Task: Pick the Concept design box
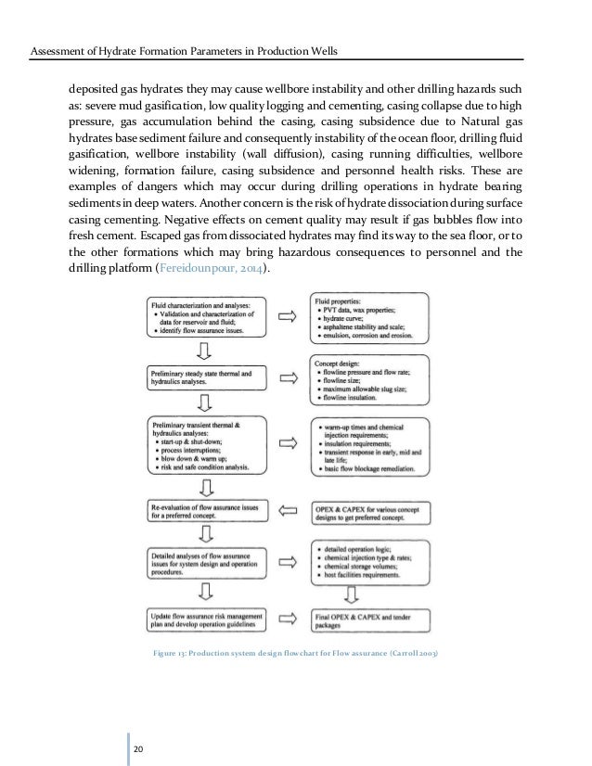click(369, 379)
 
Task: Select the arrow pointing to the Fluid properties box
click(289, 315)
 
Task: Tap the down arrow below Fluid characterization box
click(203, 348)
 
